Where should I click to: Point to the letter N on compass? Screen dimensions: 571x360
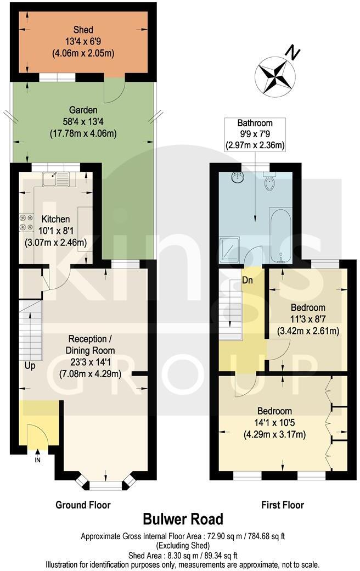pyautogui.click(x=294, y=53)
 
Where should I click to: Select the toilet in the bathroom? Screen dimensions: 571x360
pyautogui.click(x=269, y=181)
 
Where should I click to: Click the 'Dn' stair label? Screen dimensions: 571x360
pyautogui.click(x=248, y=281)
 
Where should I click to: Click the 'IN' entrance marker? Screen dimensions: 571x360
pyautogui.click(x=37, y=460)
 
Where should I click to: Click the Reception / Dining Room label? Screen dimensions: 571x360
pyautogui.click(x=91, y=344)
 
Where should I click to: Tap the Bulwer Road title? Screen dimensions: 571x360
pyautogui.click(x=183, y=519)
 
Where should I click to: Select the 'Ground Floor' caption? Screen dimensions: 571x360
pyautogui.click(x=83, y=505)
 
